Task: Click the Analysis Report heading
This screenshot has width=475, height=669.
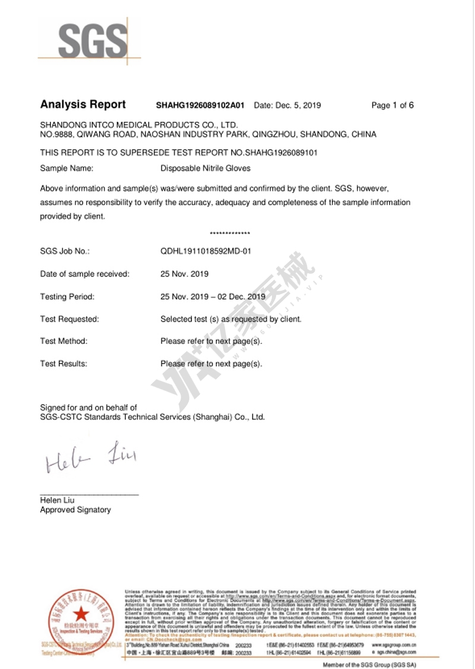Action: pyautogui.click(x=83, y=105)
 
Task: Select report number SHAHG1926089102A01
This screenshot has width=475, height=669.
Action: pyautogui.click(x=200, y=106)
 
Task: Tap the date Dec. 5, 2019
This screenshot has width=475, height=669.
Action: pyautogui.click(x=287, y=106)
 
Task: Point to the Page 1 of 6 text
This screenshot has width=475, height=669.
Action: pyautogui.click(x=392, y=106)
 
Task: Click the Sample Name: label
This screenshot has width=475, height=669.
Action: pyautogui.click(x=66, y=168)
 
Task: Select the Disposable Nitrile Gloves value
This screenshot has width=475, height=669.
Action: pyautogui.click(x=205, y=168)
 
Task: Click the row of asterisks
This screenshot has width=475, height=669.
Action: pyautogui.click(x=230, y=233)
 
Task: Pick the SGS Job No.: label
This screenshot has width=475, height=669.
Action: pyautogui.click(x=64, y=251)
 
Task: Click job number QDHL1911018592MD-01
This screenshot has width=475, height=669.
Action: pyautogui.click(x=206, y=251)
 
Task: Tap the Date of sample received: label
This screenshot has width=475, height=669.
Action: pyautogui.click(x=84, y=274)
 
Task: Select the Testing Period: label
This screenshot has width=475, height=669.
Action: pyautogui.click(x=67, y=296)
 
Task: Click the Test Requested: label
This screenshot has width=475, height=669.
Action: pyautogui.click(x=69, y=319)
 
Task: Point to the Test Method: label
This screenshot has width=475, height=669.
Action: pyautogui.click(x=64, y=341)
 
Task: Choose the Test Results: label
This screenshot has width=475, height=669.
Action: pyautogui.click(x=64, y=364)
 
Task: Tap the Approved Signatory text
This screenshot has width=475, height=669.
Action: pyautogui.click(x=75, y=510)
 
